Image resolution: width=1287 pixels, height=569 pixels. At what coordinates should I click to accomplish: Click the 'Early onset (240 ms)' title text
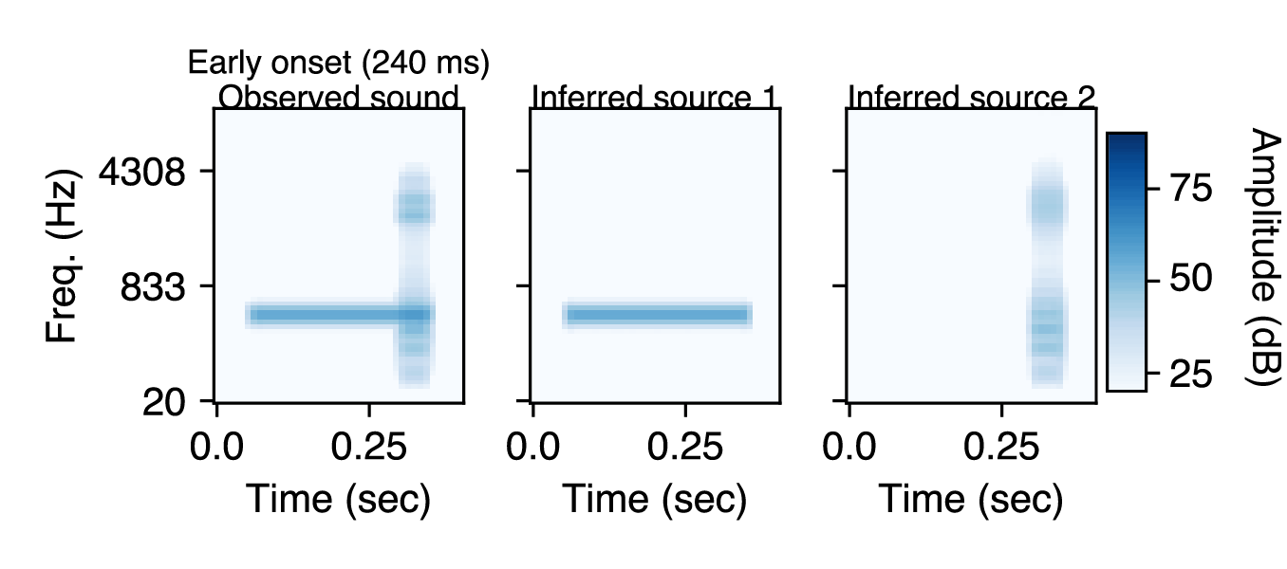pos(338,64)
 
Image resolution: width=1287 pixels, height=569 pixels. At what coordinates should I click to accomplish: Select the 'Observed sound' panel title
pos(339,98)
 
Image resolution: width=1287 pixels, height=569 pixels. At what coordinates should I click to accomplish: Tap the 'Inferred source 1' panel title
pos(655,98)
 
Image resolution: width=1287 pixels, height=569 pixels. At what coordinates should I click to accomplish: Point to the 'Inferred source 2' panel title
pos(971,98)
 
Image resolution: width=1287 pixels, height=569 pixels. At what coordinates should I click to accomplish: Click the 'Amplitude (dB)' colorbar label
pos(1261,256)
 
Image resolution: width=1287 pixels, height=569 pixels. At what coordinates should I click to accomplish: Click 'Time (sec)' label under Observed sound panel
pos(339,500)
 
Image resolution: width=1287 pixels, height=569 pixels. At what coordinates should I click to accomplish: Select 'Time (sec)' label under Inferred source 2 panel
pos(970,500)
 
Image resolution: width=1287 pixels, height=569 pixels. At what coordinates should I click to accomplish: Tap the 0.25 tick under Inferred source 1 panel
pos(684,445)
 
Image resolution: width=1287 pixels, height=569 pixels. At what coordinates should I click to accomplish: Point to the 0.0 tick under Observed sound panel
pos(217,445)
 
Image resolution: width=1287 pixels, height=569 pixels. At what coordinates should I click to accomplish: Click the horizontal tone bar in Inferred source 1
pos(657,315)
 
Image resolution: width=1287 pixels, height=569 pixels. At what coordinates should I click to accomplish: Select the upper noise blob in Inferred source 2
pos(1047,206)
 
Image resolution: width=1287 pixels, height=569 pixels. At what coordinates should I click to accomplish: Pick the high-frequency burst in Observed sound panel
pos(414,206)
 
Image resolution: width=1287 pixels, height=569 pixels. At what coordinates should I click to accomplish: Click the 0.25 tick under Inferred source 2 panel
pos(1000,445)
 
